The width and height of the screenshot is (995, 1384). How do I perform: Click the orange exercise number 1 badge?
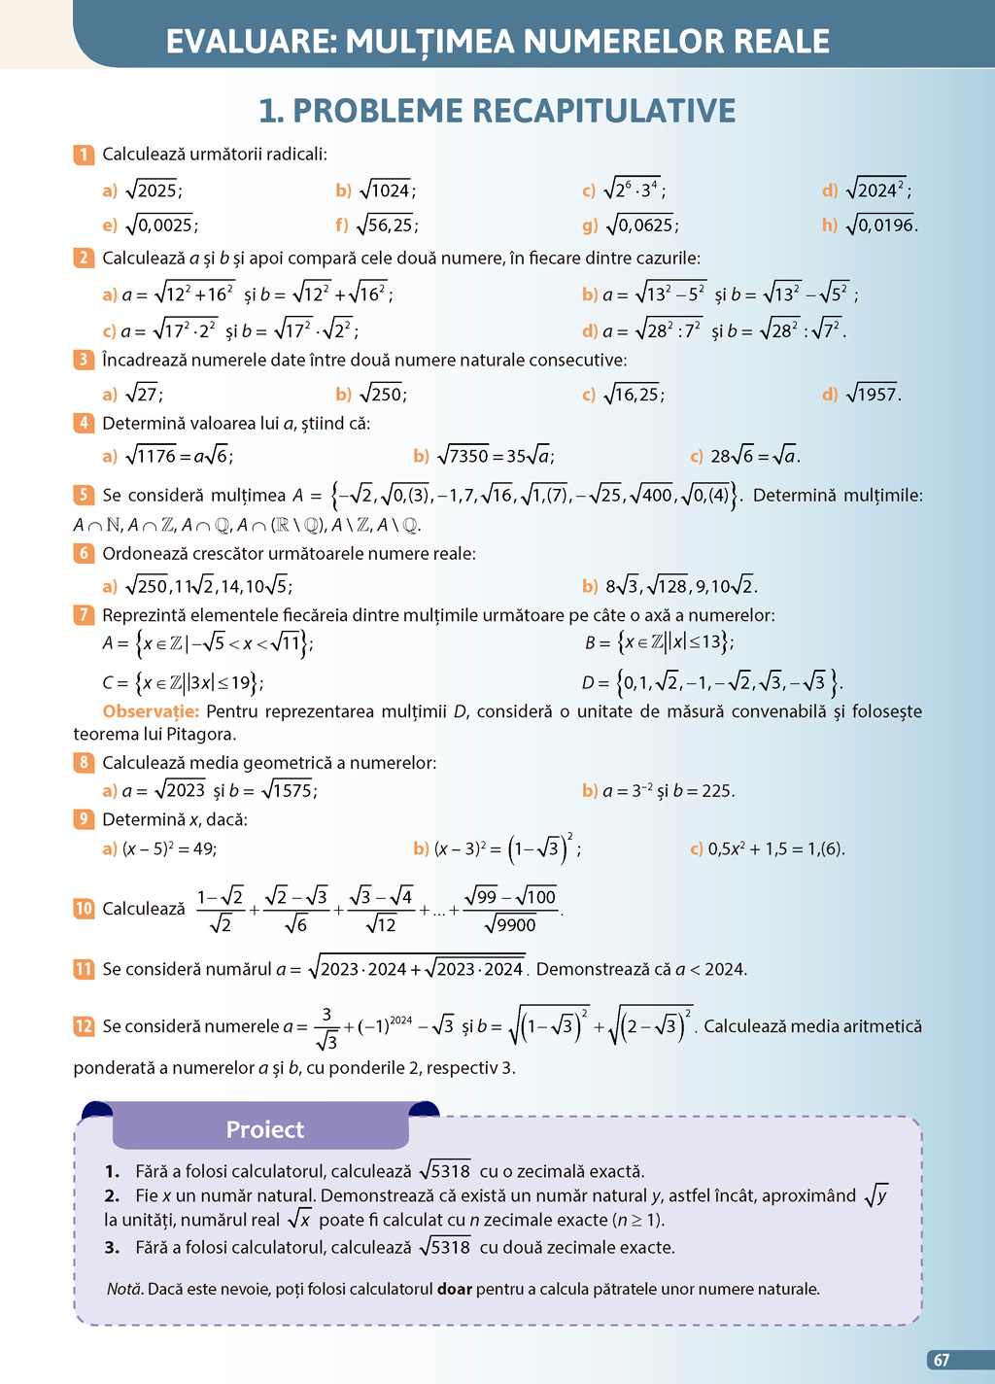tap(84, 155)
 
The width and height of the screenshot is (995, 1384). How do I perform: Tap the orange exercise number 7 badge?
tap(84, 615)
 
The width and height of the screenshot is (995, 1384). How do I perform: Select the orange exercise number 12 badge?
tap(84, 1026)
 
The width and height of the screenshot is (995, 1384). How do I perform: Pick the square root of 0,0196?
tap(880, 225)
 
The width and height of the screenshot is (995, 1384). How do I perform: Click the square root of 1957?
tap(873, 394)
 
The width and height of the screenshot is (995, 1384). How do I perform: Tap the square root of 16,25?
tap(634, 394)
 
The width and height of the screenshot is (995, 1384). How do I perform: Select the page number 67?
tap(942, 1361)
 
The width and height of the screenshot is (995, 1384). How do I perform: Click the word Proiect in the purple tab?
tap(264, 1129)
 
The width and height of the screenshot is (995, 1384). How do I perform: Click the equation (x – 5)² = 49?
tap(169, 848)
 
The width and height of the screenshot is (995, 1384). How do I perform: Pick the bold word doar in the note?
tap(454, 1289)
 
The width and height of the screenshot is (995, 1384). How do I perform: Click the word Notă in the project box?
tap(124, 1289)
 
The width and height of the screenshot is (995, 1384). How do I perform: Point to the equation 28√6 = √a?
tap(755, 456)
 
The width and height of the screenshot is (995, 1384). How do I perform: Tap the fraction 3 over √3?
tap(326, 1027)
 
